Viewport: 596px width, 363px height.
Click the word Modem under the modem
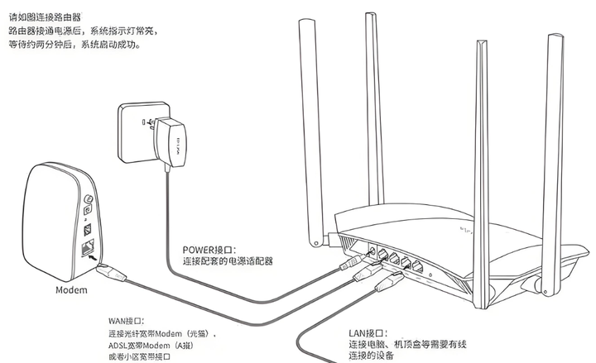click(71, 290)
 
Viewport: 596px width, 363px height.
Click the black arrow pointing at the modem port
click(79, 256)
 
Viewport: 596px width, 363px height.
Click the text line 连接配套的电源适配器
click(228, 260)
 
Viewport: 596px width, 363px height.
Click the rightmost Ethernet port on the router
click(420, 267)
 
